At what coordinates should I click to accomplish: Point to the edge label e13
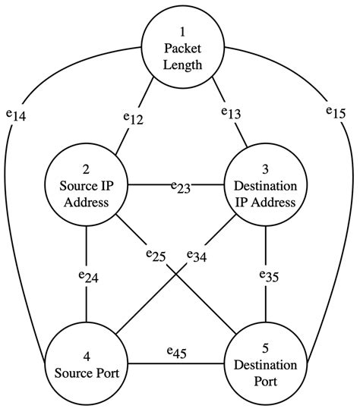coord(231,112)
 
